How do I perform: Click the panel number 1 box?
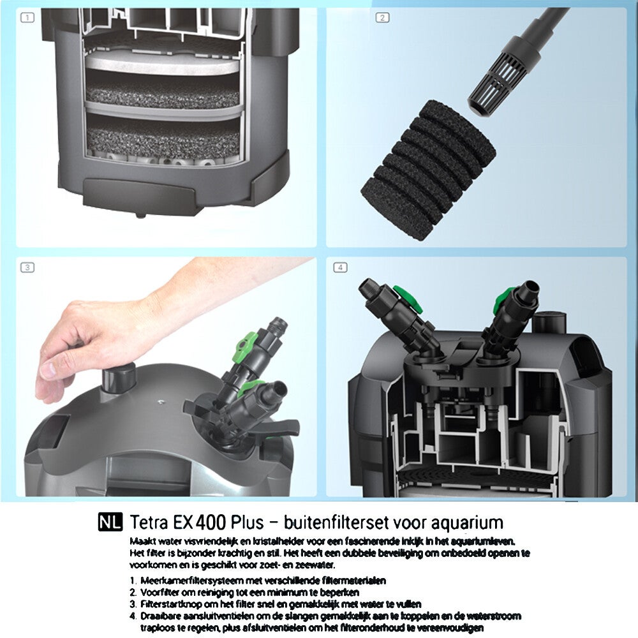pyautogui.click(x=27, y=17)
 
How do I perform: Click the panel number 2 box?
pyautogui.click(x=382, y=17)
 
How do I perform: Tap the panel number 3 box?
pyautogui.click(x=27, y=267)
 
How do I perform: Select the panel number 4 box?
pyautogui.click(x=340, y=267)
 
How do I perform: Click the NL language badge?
pyautogui.click(x=110, y=523)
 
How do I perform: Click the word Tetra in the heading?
pyautogui.click(x=149, y=523)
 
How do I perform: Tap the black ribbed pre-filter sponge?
pyautogui.click(x=428, y=170)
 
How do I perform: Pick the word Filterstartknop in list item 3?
pyautogui.click(x=166, y=604)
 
